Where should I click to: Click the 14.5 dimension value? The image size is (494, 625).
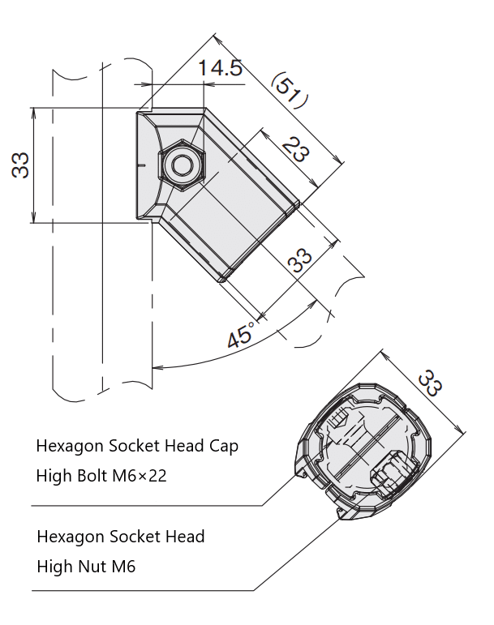coord(221,68)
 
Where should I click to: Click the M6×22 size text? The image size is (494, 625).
coord(141,476)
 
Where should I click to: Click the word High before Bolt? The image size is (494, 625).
coord(52,476)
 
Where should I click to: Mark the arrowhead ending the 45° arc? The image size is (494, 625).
coord(156,367)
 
